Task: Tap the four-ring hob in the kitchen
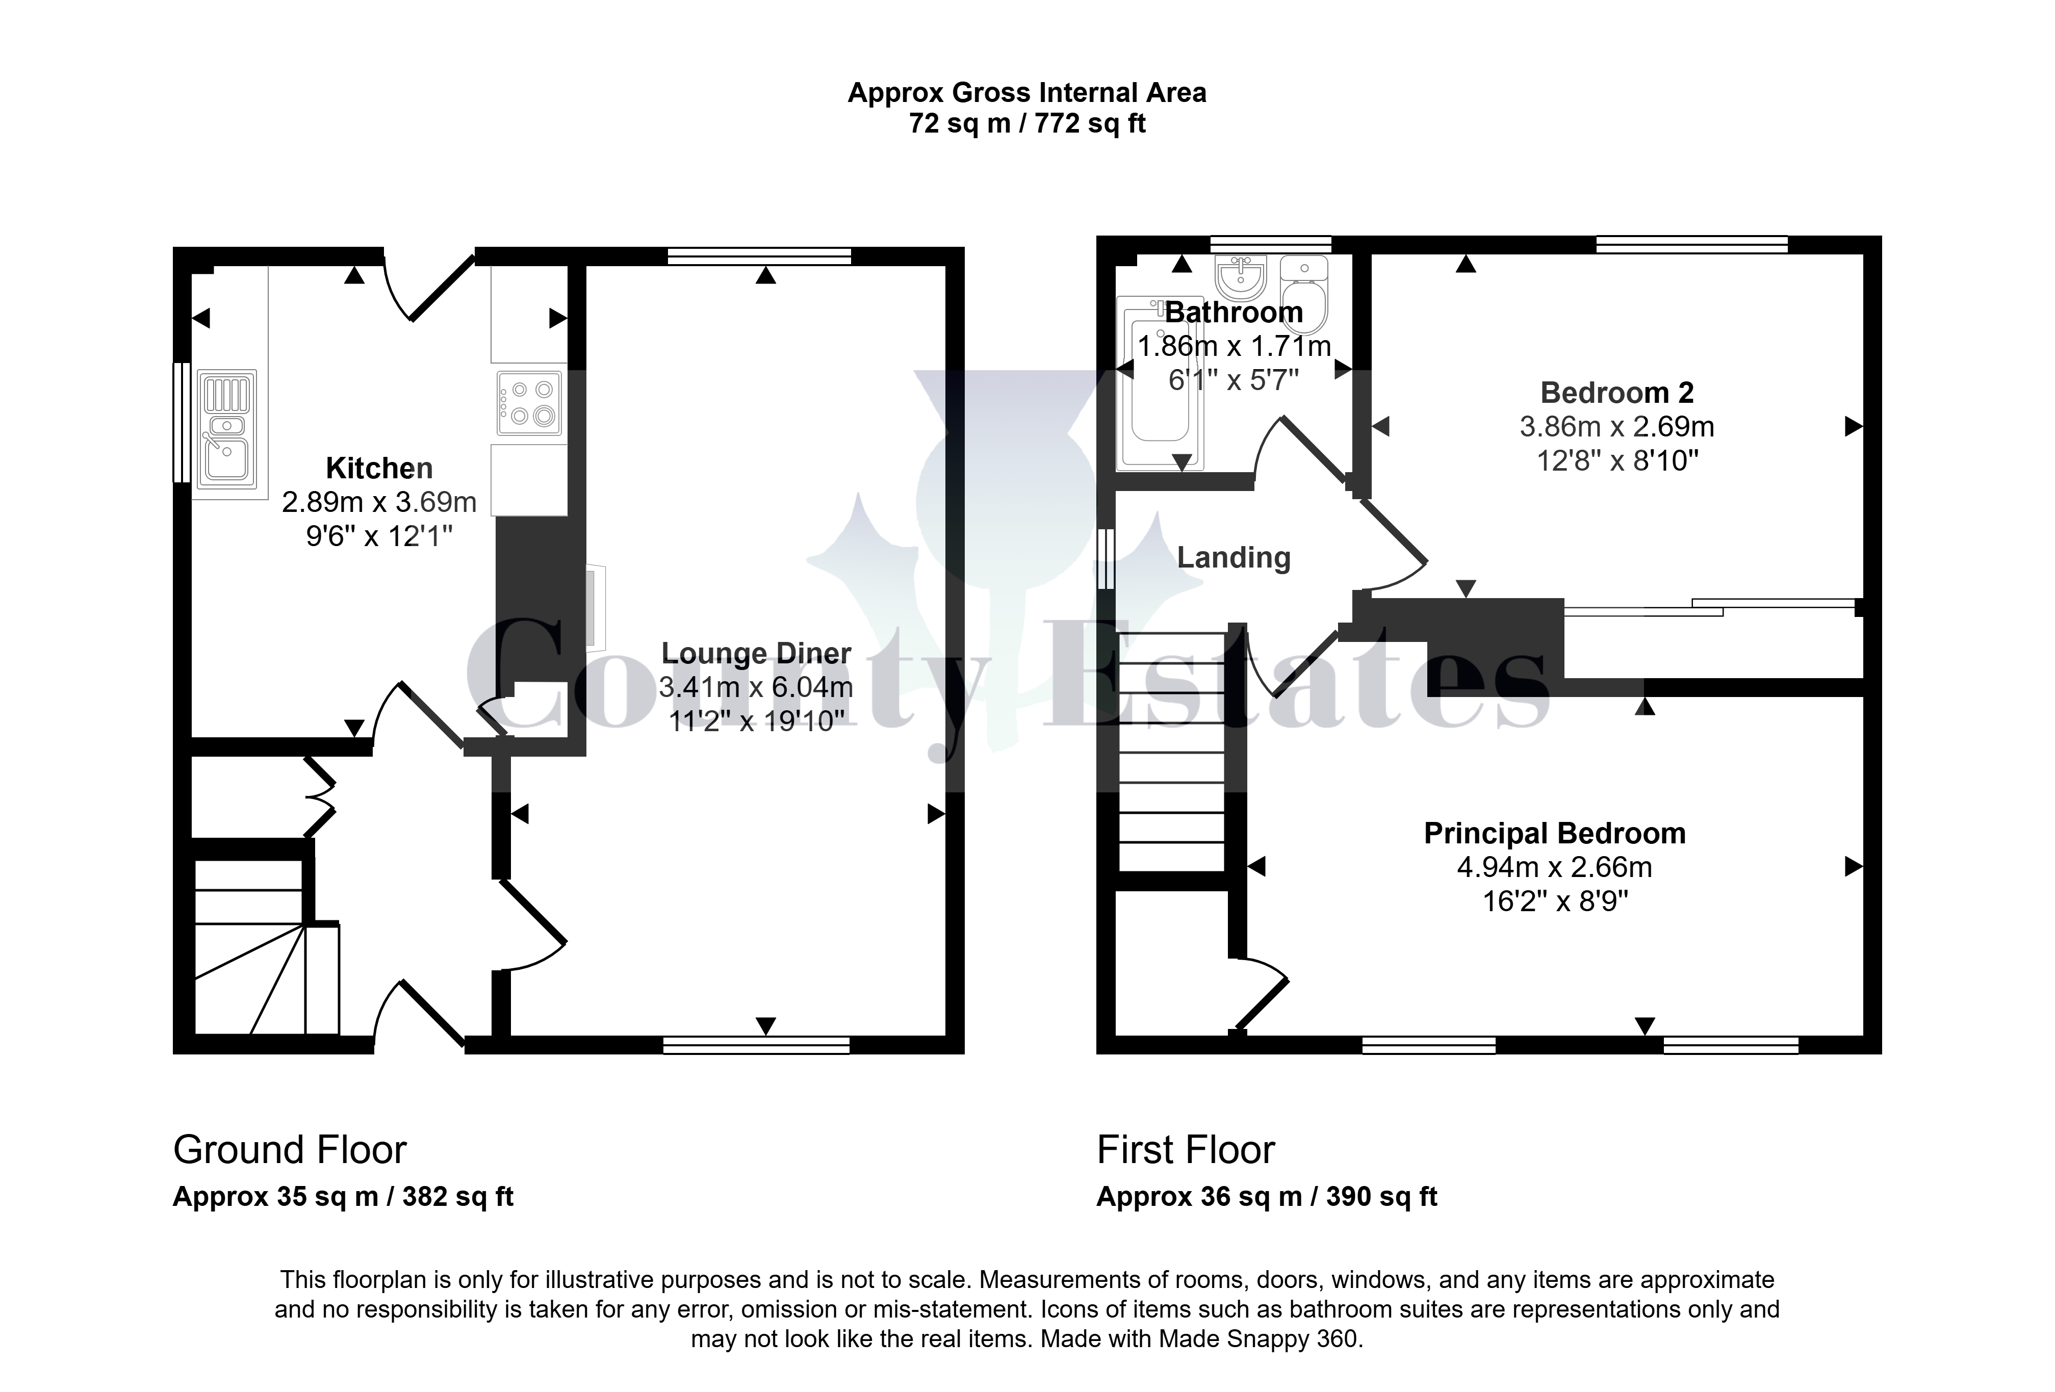(529, 402)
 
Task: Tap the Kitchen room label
(379, 468)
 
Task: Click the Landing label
(1234, 557)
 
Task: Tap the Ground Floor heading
(290, 1150)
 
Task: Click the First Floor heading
(1186, 1150)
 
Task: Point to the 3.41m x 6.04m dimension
(756, 687)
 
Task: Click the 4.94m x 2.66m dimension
(1555, 867)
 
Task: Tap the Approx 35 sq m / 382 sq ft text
(343, 1197)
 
